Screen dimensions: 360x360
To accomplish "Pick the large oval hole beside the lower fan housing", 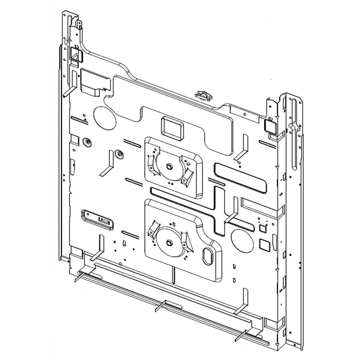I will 242,241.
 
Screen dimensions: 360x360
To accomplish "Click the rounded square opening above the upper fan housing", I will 171,128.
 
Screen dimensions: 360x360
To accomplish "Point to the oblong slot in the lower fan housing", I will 208,256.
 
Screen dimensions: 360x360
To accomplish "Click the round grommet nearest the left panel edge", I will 86,142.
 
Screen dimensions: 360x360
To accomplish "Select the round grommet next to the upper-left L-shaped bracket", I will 118,154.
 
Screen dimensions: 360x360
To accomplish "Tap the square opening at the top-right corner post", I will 270,126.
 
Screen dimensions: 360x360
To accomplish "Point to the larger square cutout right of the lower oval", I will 265,244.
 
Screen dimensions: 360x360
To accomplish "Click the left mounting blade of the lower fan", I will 153,230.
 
